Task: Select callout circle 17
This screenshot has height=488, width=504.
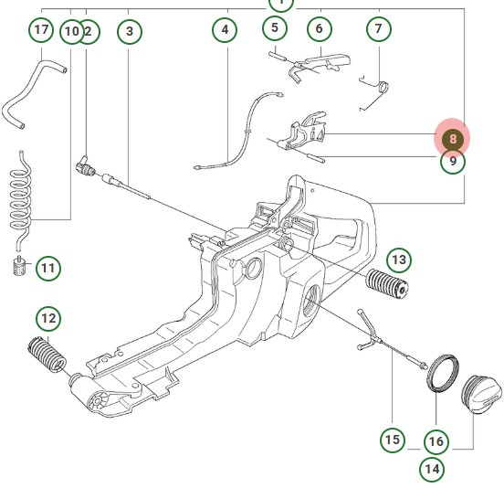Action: [40, 31]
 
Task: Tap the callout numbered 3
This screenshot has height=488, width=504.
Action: [130, 32]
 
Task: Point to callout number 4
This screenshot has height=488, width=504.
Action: [225, 31]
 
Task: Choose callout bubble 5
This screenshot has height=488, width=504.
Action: [275, 28]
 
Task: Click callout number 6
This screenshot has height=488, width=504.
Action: [319, 29]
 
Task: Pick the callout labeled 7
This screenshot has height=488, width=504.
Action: [379, 29]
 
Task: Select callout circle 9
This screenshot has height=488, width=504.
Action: [452, 163]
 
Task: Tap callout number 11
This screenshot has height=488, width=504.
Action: [47, 269]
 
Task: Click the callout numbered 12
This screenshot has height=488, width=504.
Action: [47, 319]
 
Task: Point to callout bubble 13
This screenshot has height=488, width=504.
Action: [399, 260]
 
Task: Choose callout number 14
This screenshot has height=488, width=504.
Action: [432, 470]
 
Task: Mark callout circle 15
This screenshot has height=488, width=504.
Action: [393, 440]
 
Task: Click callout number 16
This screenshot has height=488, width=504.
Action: [436, 441]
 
